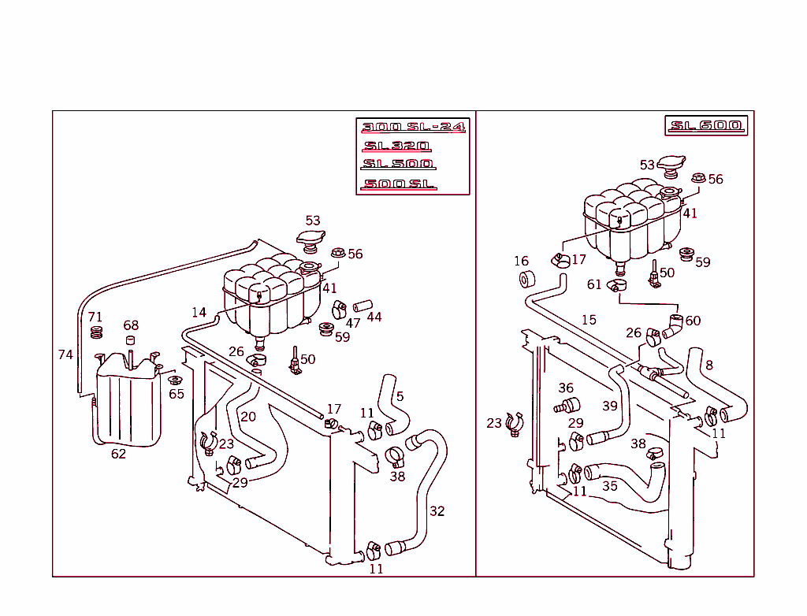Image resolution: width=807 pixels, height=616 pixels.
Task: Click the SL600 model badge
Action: [705, 126]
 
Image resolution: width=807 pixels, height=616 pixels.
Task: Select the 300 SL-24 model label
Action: [413, 127]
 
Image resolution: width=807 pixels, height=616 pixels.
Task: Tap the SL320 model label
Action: [396, 146]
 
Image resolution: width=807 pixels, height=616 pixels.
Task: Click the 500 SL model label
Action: [399, 184]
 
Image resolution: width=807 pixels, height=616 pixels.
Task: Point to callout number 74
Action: [65, 354]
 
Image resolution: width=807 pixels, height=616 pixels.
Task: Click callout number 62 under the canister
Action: [118, 454]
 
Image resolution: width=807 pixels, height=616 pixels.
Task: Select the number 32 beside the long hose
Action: [437, 511]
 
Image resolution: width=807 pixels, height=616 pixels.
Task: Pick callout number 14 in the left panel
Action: [199, 313]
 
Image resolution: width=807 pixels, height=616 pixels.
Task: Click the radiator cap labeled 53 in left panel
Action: [310, 239]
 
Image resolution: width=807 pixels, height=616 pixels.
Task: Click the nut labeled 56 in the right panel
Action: [697, 178]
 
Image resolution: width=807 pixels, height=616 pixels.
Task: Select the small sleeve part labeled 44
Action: [360, 306]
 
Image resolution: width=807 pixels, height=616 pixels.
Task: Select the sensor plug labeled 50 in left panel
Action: [295, 360]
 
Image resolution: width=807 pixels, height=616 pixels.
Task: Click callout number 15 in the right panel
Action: [589, 320]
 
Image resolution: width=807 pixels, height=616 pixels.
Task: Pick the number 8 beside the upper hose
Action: [709, 365]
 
